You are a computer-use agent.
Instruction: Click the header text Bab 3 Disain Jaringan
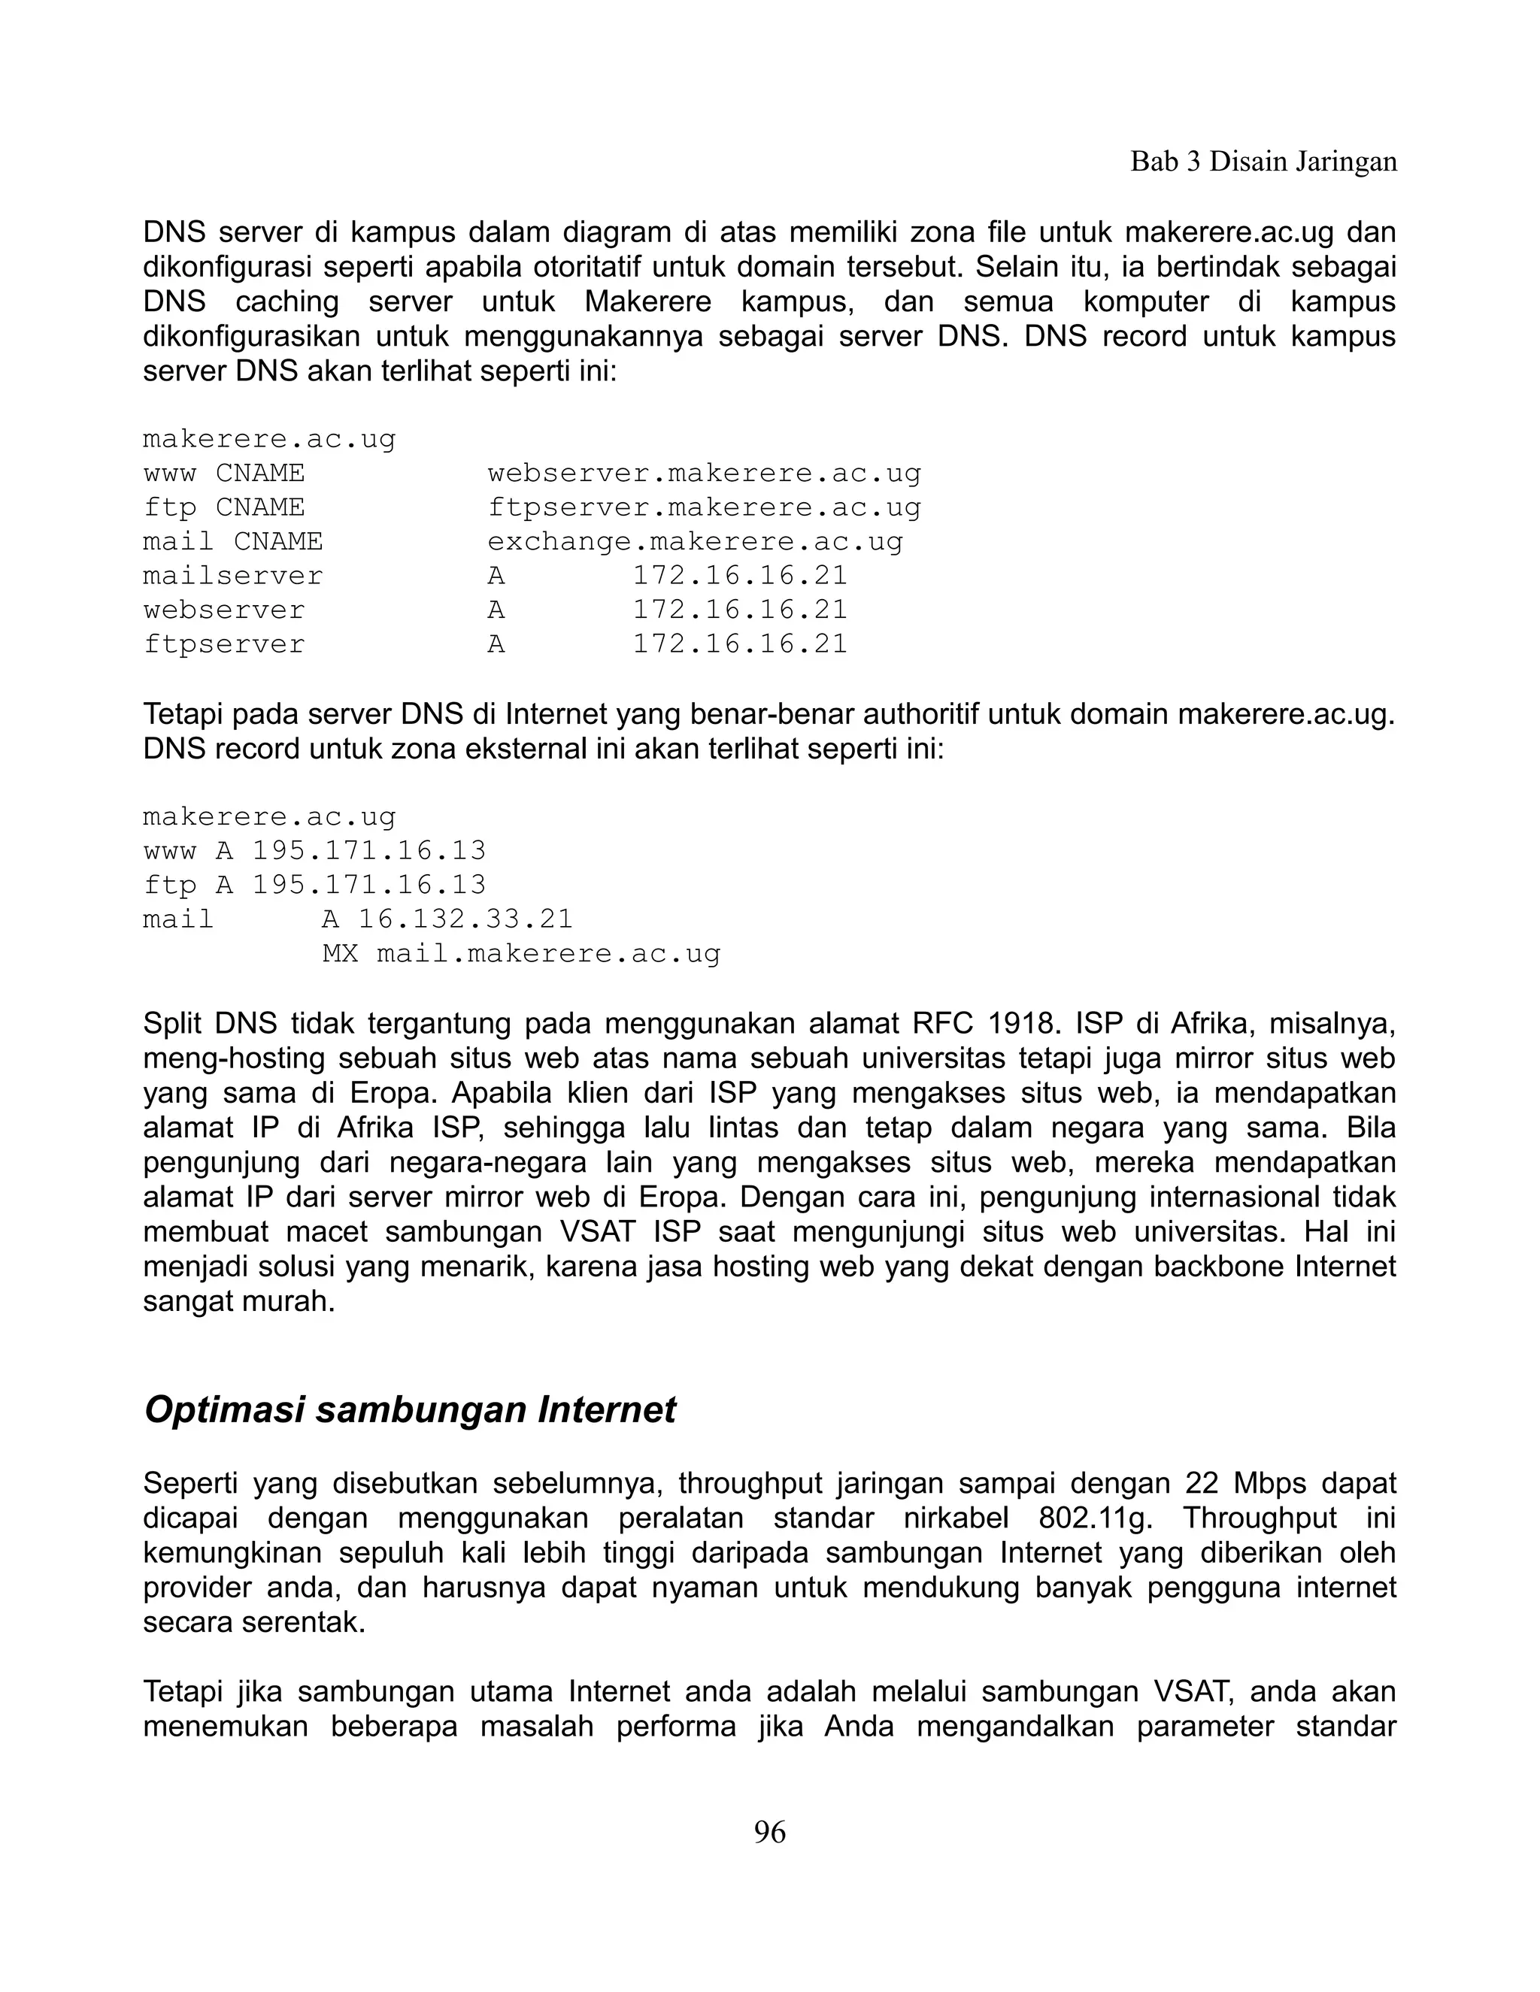(x=1263, y=162)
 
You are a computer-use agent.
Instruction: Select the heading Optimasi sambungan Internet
(x=410, y=1409)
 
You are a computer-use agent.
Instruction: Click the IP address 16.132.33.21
(x=465, y=919)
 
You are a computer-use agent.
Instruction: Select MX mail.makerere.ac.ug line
(x=521, y=954)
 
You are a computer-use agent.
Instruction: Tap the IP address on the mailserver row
(x=740, y=577)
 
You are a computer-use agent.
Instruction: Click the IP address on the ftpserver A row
(x=740, y=645)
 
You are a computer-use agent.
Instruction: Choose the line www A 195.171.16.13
(x=315, y=851)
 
